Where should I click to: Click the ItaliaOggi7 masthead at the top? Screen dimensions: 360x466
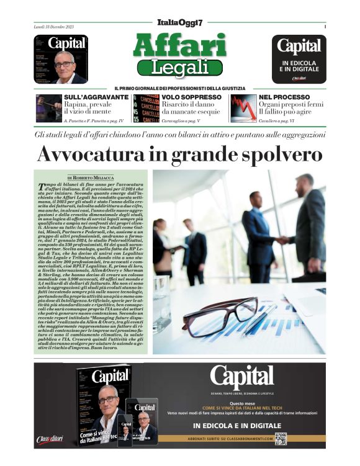179,22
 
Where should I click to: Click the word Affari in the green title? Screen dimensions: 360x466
179,45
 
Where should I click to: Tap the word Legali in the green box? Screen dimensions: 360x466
179,66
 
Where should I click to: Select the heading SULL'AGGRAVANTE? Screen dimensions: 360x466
96,97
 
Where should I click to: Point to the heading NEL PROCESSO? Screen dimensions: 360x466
284,97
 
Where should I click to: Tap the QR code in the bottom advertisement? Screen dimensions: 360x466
281,439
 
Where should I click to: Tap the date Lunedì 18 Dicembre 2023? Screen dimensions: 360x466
55,27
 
